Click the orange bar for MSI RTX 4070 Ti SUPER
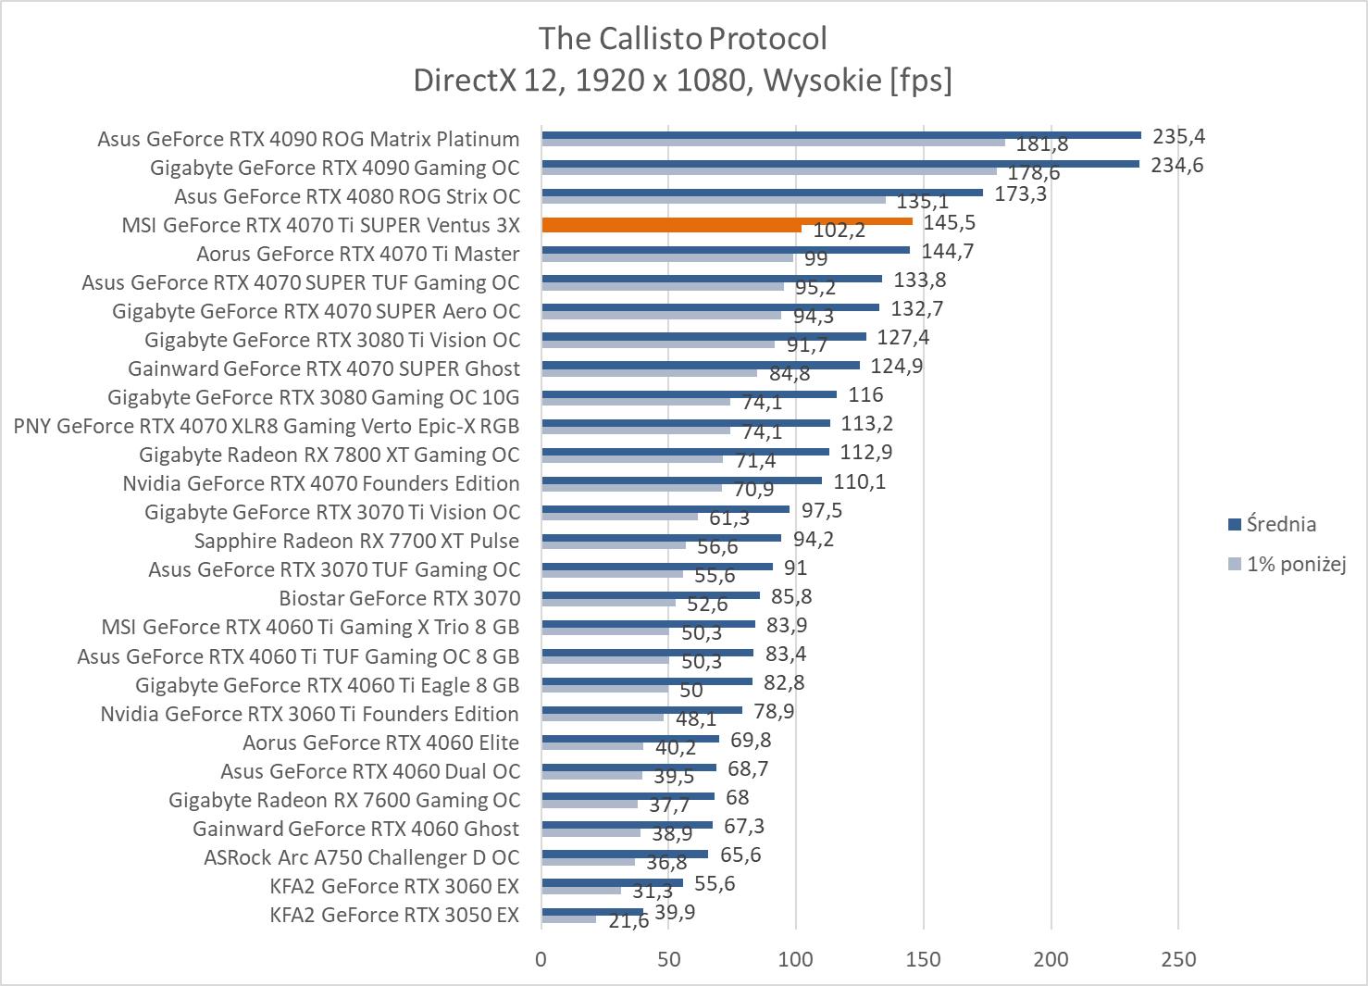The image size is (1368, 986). [x=727, y=222]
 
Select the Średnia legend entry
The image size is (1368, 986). [x=1281, y=525]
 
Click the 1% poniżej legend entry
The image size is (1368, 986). [x=1295, y=564]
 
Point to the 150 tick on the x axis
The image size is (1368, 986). [x=924, y=960]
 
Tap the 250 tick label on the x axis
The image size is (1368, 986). [x=1178, y=960]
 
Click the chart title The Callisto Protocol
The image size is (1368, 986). [x=682, y=39]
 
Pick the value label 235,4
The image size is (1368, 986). [x=1178, y=137]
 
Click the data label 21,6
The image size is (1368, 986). [x=628, y=922]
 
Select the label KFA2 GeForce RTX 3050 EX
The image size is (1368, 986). [x=394, y=916]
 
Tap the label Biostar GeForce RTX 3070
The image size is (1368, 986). [x=399, y=599]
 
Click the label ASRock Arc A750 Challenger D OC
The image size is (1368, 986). [x=361, y=858]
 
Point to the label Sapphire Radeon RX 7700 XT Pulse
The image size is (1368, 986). [x=356, y=542]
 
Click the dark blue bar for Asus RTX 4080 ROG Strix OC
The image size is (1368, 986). [x=762, y=193]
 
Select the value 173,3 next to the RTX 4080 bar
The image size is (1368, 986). [x=1020, y=194]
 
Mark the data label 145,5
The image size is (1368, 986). [x=949, y=223]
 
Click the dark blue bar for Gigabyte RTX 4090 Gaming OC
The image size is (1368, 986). [x=839, y=164]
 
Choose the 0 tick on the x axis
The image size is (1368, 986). [x=541, y=960]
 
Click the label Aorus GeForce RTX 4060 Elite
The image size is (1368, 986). [x=380, y=743]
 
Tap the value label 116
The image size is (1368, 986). [x=865, y=395]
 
